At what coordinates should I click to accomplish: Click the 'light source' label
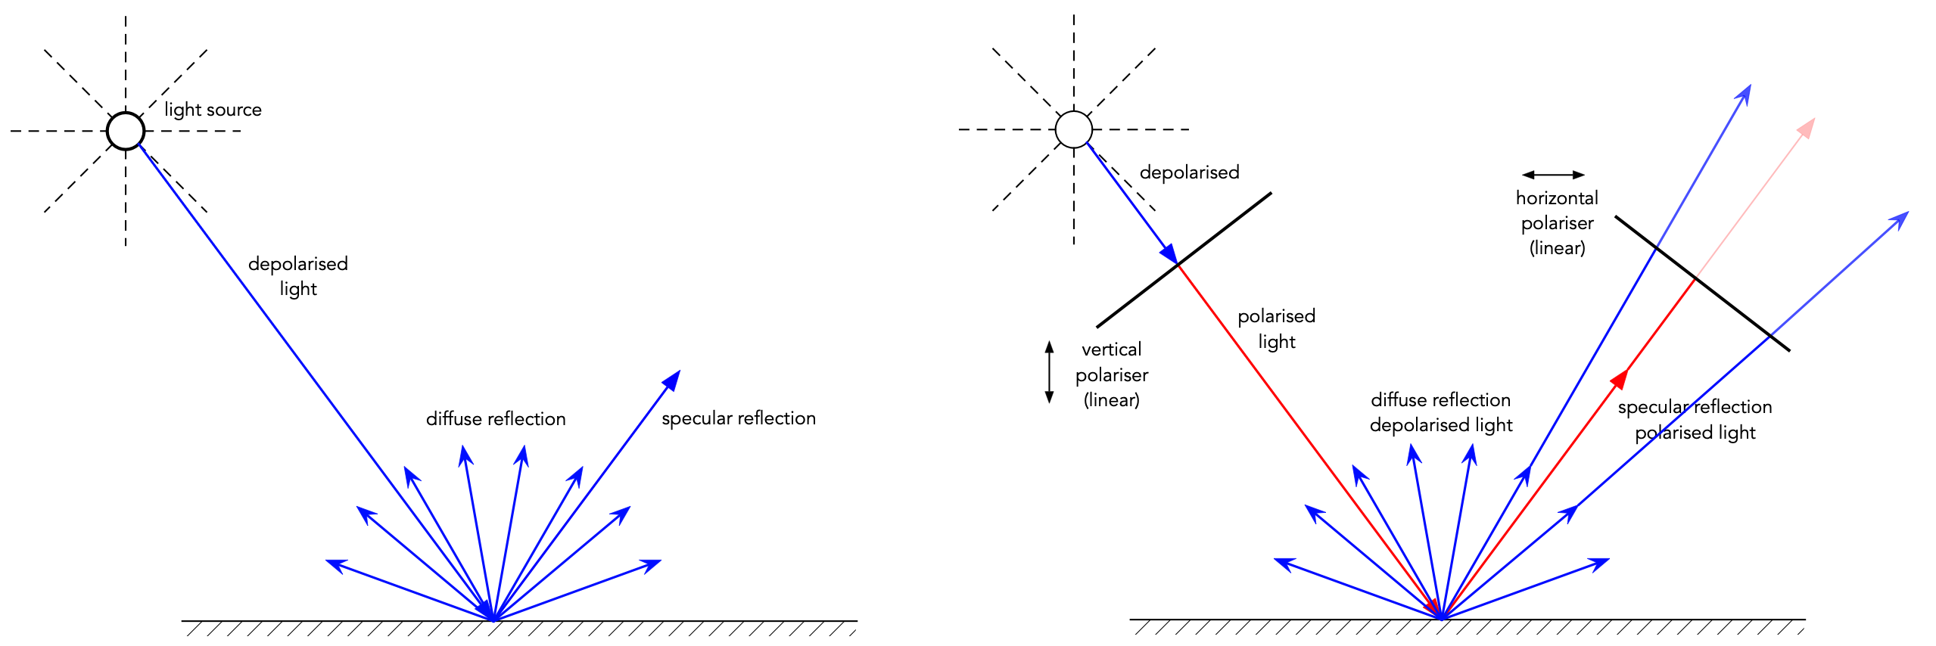tap(213, 110)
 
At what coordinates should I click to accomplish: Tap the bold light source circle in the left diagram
tap(126, 131)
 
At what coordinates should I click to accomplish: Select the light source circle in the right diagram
tap(1073, 129)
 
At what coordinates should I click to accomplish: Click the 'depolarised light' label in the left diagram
tap(298, 276)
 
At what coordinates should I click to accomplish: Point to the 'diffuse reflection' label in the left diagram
tap(496, 419)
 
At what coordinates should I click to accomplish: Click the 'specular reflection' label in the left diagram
tap(739, 418)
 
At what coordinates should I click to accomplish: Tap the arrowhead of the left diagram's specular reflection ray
tap(672, 380)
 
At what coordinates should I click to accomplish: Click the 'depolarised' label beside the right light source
tap(1189, 172)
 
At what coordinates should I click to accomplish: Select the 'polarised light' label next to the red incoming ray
tap(1276, 328)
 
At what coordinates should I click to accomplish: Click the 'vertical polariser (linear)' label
tap(1111, 374)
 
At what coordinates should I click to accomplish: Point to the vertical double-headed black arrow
tap(1049, 371)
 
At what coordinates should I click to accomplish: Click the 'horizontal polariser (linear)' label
tap(1557, 222)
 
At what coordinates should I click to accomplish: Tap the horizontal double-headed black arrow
tap(1553, 175)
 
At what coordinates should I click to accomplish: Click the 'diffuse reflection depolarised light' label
tap(1441, 412)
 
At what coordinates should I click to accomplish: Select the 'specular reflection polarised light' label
tap(1695, 420)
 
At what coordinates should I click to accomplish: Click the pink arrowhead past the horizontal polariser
tap(1807, 128)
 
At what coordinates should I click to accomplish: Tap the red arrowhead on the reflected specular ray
tap(1620, 378)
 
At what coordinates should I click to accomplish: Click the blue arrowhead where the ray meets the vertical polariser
tap(1169, 253)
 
